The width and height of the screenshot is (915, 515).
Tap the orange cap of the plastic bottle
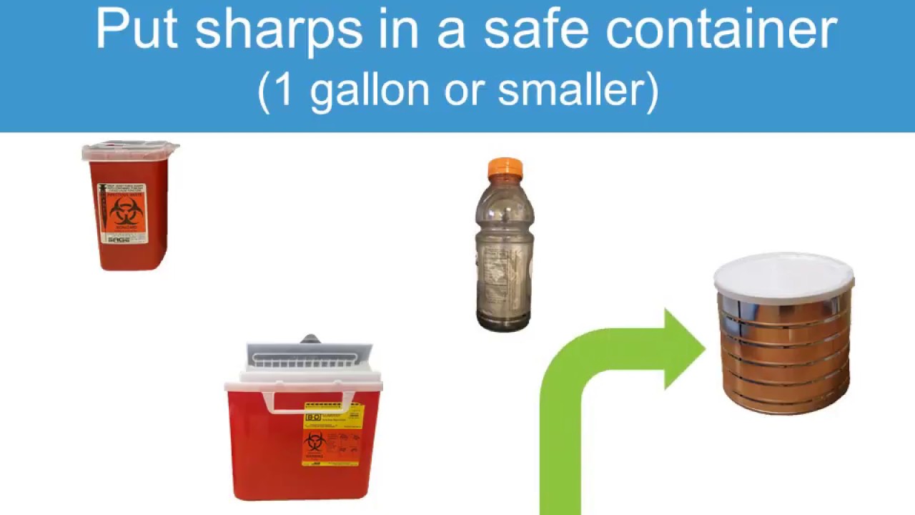505,169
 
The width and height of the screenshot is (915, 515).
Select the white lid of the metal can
783,276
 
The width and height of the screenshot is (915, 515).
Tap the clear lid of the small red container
130,151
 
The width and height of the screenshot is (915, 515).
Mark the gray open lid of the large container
310,355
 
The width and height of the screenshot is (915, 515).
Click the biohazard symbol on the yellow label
315,441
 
